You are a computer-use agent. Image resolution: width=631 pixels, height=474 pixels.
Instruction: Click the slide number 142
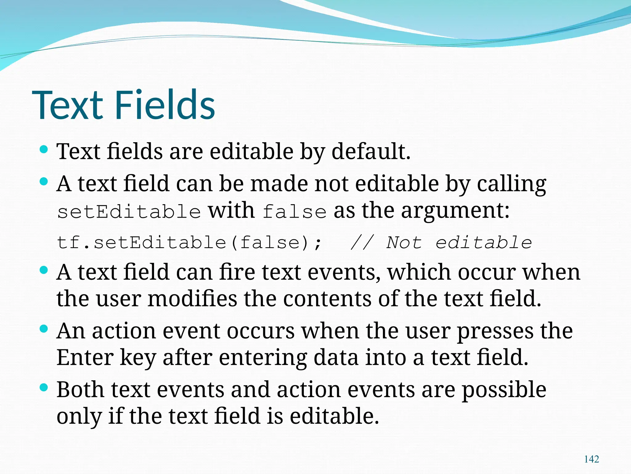click(591, 459)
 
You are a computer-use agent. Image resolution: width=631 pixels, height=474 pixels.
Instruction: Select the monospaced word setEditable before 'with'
click(129, 212)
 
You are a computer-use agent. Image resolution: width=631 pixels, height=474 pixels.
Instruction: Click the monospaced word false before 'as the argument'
click(295, 212)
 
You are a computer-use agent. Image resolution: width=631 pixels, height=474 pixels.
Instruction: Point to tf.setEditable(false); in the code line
click(189, 242)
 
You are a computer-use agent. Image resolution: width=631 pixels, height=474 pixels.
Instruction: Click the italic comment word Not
click(404, 242)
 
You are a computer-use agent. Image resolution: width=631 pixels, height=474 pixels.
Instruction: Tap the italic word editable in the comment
click(484, 242)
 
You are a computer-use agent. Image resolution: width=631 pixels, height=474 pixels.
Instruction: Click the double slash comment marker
click(362, 242)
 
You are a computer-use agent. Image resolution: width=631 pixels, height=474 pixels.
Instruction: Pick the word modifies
click(192, 299)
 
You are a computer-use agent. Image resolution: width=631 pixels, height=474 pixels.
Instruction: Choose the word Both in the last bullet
click(80, 389)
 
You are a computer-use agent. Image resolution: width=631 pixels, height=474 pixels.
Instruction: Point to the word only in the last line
click(79, 417)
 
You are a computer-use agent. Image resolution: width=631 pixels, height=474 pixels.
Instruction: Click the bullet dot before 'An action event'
click(44, 328)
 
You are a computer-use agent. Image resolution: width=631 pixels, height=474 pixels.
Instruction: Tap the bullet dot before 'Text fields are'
click(44, 150)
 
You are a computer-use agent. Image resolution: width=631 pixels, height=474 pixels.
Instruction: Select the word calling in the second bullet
click(511, 184)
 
